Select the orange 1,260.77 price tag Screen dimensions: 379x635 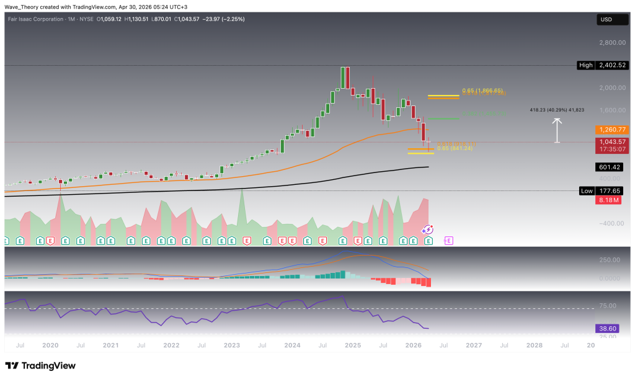pos(612,130)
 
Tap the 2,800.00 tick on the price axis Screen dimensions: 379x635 pos(613,43)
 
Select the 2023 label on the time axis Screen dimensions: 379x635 pos(232,345)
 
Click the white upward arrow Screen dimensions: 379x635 pos(557,130)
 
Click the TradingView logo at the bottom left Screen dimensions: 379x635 pos(40,365)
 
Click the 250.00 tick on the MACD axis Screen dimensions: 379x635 pos(613,260)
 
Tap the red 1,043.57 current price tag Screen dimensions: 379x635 pos(612,141)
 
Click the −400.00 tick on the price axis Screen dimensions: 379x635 pos(613,223)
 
